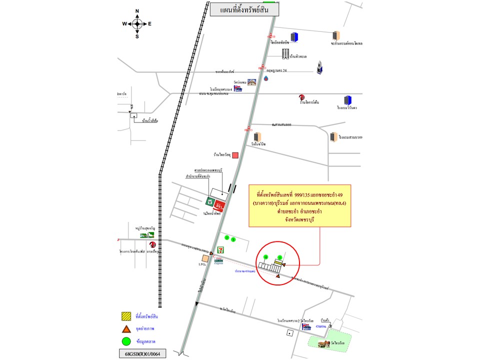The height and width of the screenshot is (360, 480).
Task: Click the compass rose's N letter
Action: coord(137,11)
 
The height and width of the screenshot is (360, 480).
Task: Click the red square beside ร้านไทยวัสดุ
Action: coord(235,155)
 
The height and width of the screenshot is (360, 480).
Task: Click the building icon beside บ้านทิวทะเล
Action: coord(285,53)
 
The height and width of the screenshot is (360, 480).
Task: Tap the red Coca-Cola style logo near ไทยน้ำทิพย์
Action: coord(218,205)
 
